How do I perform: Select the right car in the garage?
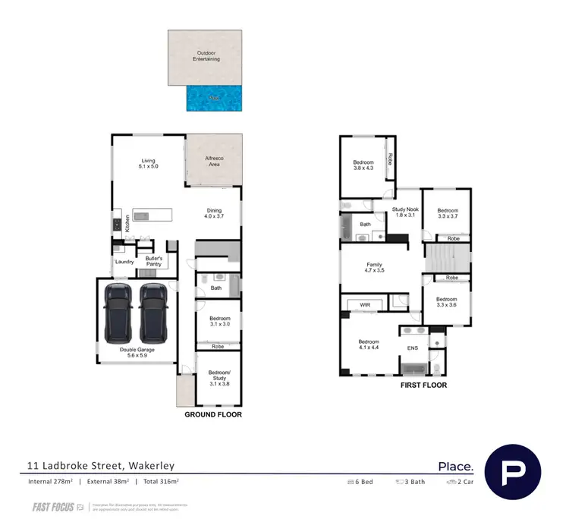click(153, 312)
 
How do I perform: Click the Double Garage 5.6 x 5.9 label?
click(137, 352)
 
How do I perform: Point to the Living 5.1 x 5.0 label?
click(148, 164)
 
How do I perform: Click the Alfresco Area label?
click(214, 160)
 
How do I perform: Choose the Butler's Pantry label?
click(159, 262)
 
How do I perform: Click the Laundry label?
click(124, 262)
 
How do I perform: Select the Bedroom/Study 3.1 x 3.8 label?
click(218, 379)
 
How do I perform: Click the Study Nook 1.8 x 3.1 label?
click(405, 212)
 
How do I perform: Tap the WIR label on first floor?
click(363, 305)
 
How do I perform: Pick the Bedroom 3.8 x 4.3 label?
click(363, 166)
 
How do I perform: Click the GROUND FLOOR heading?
click(213, 415)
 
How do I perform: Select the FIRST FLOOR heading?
click(423, 385)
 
